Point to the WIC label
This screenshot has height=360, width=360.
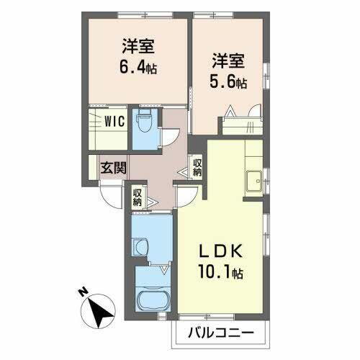(x=115, y=121)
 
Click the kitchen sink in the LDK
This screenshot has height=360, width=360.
(x=253, y=180)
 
